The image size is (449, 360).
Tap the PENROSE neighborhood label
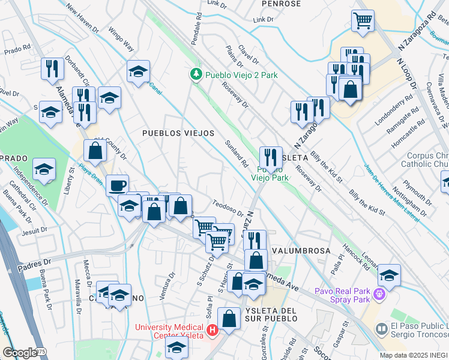[x=281, y=4]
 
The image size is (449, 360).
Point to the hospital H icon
[x=211, y=330]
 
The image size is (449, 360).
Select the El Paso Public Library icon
[x=381, y=329]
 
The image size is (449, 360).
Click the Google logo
[x=20, y=353]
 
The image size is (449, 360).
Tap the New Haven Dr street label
[x=83, y=19]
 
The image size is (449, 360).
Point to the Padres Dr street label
[x=34, y=263]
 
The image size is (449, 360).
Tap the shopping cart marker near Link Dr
[x=363, y=21]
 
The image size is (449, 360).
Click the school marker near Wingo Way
[x=138, y=72]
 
